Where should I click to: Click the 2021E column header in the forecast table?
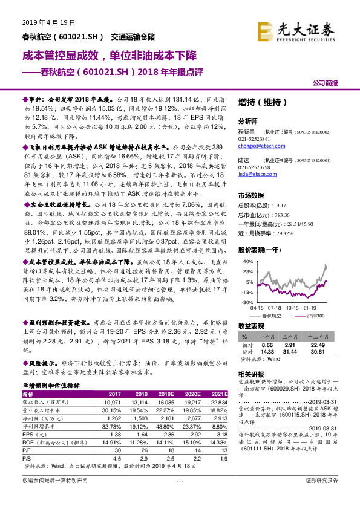(x=216, y=393)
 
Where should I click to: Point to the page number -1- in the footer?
(x=180, y=498)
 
